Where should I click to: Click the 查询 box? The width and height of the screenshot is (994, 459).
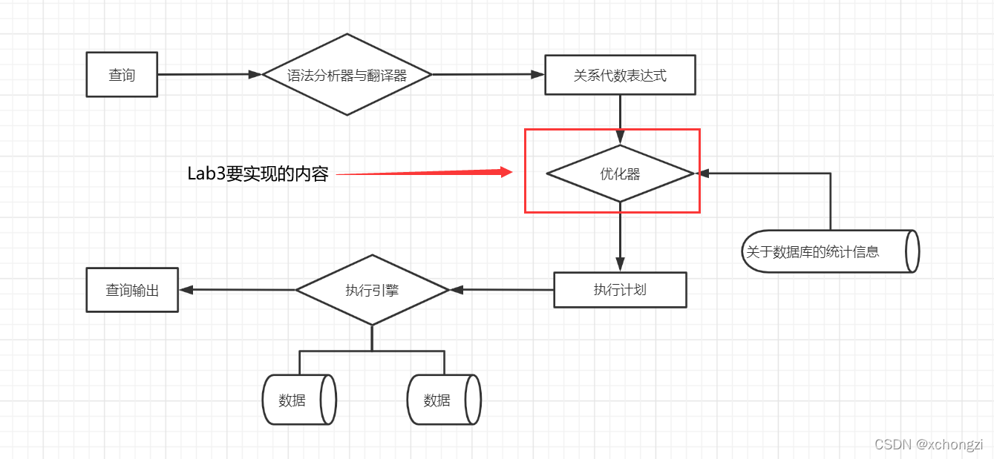122,75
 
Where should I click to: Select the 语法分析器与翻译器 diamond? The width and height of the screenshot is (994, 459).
347,75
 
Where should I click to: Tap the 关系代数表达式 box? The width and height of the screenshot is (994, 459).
620,75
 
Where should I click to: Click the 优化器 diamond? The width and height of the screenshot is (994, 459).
620,174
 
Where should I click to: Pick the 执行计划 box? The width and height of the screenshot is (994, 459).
620,290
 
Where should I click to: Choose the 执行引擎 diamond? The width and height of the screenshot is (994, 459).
372,290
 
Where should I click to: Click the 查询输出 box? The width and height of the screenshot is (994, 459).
132,290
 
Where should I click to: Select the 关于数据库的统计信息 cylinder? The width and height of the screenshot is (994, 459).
829,251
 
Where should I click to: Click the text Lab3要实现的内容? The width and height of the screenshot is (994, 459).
258,174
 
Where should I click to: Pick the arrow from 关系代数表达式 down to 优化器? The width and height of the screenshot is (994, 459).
620,119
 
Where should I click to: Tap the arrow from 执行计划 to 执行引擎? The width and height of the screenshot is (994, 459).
502,289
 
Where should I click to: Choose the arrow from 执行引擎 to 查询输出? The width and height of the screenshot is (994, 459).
238,290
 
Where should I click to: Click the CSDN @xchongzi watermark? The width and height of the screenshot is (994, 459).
929,444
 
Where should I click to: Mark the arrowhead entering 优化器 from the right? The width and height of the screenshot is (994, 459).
702,174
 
